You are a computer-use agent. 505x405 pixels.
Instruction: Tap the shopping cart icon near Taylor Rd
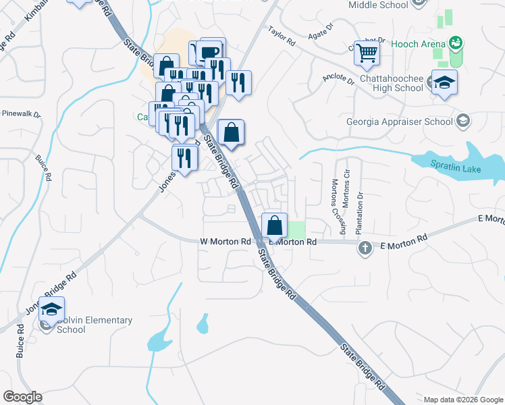(x=367, y=52)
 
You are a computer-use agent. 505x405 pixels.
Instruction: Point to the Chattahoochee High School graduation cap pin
(x=444, y=83)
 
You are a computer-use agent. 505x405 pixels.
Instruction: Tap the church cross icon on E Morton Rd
(x=365, y=248)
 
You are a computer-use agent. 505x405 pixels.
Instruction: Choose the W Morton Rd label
(x=225, y=241)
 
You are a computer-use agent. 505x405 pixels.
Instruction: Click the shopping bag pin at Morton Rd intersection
(x=275, y=225)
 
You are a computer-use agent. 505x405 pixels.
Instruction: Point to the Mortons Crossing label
(x=334, y=203)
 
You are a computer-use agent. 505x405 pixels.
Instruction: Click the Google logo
(x=22, y=397)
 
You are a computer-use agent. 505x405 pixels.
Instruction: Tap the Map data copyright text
(x=462, y=400)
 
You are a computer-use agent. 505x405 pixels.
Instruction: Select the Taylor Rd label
(x=282, y=36)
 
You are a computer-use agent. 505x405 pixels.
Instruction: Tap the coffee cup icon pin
(x=210, y=52)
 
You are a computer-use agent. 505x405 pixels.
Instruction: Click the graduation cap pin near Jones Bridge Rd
(x=51, y=310)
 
